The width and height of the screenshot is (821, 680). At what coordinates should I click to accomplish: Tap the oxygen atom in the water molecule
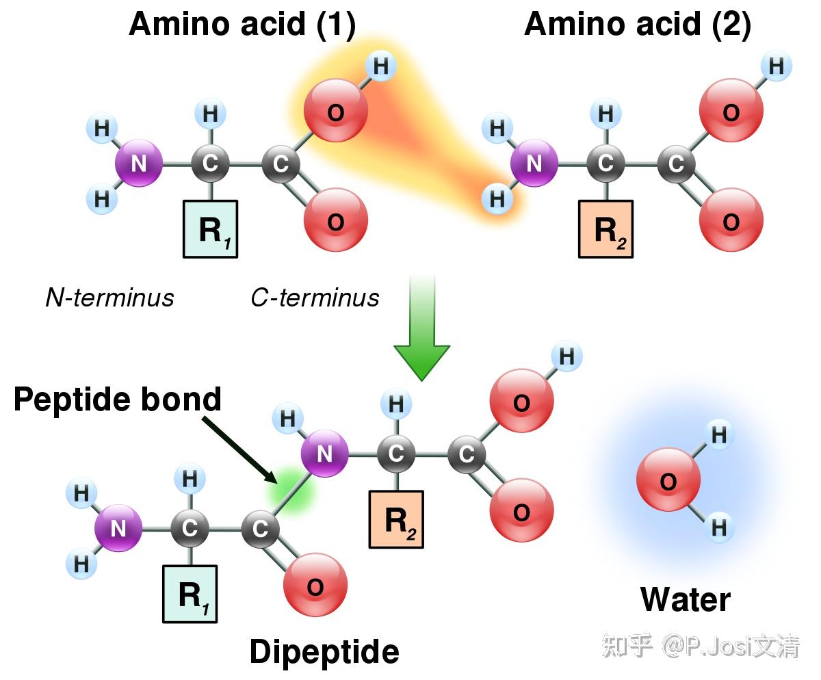(668, 480)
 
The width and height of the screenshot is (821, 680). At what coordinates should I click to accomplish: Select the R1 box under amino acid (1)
(210, 229)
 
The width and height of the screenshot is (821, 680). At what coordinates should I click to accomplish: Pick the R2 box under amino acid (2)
(605, 229)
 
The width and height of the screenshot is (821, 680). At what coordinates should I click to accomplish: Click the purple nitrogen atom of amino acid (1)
(139, 163)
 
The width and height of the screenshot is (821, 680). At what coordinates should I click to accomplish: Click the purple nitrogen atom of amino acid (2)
(534, 163)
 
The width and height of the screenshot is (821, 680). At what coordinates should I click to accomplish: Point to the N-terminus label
(109, 298)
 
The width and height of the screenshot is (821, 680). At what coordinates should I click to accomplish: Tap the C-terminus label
(315, 298)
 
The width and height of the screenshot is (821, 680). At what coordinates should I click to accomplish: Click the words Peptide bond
(117, 400)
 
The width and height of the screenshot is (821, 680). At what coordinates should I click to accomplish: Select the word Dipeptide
(324, 652)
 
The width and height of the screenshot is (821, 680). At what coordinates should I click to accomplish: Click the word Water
(686, 599)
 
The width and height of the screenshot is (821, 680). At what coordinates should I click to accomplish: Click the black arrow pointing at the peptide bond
(239, 450)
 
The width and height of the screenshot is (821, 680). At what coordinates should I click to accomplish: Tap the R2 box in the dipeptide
(396, 519)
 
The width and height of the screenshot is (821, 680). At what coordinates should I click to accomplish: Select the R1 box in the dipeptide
(190, 594)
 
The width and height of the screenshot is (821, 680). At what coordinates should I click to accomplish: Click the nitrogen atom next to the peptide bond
(325, 453)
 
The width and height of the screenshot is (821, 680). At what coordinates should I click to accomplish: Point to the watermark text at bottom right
(701, 646)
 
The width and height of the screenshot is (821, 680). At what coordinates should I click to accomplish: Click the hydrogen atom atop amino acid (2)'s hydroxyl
(776, 66)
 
